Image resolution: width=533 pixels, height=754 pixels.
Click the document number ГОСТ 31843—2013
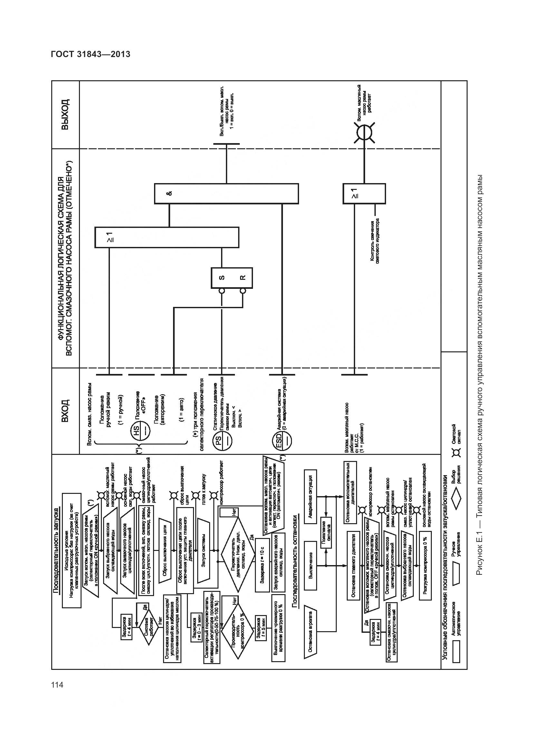[x=91, y=54]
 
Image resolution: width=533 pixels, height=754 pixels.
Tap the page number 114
[x=57, y=685]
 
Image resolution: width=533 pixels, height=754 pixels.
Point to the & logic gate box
[x=226, y=194]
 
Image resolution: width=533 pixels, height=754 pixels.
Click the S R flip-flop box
[x=232, y=278]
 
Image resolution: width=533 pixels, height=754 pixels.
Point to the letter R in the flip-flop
[x=242, y=278]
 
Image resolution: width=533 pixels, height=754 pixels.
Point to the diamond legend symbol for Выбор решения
[x=456, y=499]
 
